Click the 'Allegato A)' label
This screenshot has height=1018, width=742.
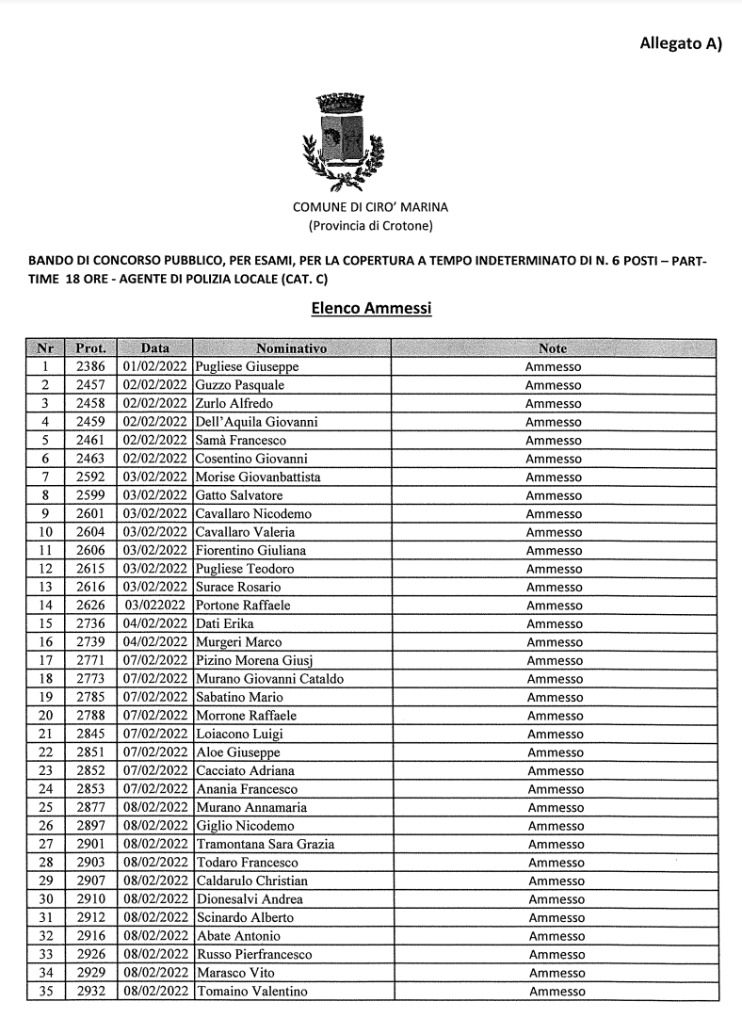680,43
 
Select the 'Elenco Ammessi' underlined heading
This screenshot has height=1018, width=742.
371,308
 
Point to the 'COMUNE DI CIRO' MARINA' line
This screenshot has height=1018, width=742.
371,207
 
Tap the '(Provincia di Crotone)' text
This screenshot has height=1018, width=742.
371,226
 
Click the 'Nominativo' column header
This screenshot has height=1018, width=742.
290,348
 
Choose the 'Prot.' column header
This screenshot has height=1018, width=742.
90,348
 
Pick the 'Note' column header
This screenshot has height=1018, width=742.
553,348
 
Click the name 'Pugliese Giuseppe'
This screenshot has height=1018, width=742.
247,366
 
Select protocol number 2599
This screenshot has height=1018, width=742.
91,495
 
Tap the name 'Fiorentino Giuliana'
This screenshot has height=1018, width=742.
250,550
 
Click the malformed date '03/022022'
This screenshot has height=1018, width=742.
155,606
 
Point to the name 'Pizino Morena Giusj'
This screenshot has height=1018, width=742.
250,660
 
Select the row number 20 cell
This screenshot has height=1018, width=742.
44,716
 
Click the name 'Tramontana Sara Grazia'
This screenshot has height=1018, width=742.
265,844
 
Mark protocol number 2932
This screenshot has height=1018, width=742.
91,991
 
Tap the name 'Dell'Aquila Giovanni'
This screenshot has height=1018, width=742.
256,422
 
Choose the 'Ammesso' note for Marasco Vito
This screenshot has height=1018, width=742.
556,973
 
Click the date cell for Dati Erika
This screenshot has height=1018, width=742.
155,623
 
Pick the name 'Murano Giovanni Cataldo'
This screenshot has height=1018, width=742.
269,679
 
